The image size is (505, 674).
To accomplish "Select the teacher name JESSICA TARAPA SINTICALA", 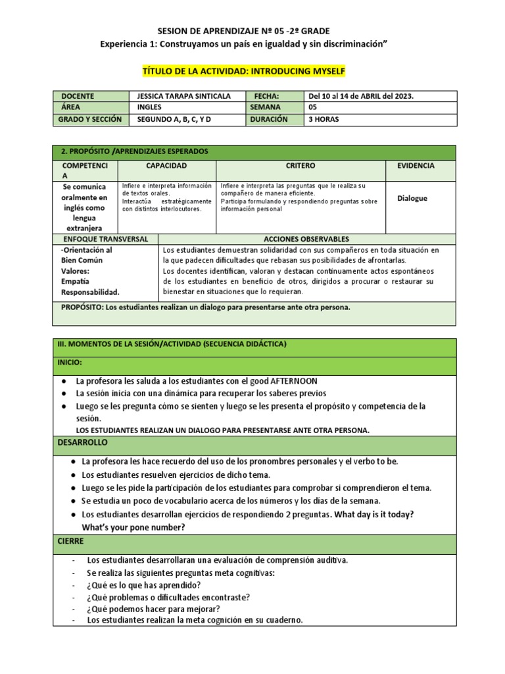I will coord(184,96).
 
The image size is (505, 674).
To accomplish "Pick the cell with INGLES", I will coord(149,107).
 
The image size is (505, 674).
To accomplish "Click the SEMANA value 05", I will coord(312,107).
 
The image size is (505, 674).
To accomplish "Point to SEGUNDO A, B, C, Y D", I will coord(175,119).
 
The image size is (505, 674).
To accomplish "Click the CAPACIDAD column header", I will coord(166,166).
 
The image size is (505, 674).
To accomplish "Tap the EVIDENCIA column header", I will coord(416,166).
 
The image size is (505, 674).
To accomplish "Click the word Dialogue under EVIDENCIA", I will coord(412,197).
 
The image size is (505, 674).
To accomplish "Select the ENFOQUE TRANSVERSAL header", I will coord(105,239).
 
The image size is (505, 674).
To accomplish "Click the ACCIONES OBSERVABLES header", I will coord(306,239).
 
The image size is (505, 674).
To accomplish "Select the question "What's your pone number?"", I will coord(133,527).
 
